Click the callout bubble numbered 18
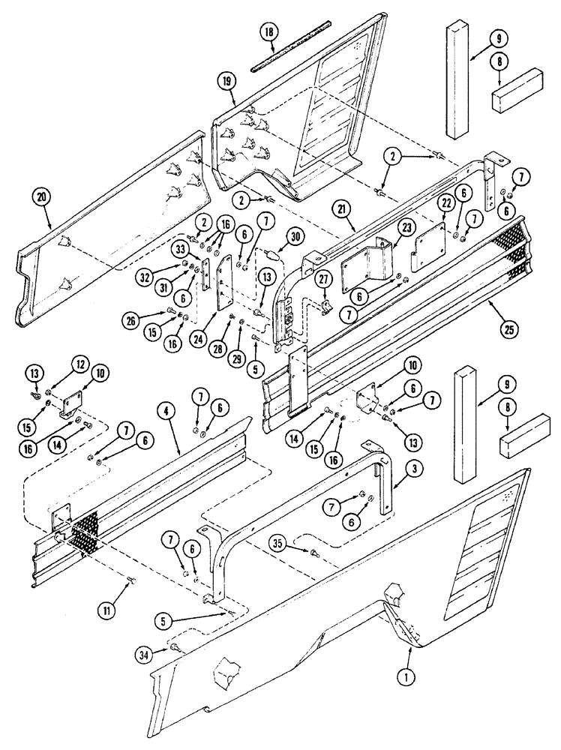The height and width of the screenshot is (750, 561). point(268,34)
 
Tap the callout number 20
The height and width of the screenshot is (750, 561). point(41,198)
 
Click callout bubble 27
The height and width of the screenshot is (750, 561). point(322,277)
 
